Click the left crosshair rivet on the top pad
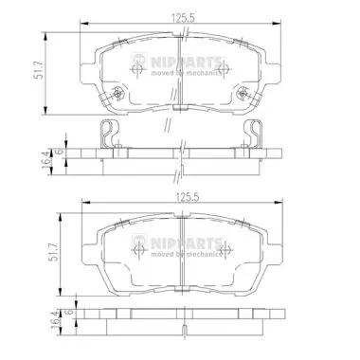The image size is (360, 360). click(116, 93)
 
